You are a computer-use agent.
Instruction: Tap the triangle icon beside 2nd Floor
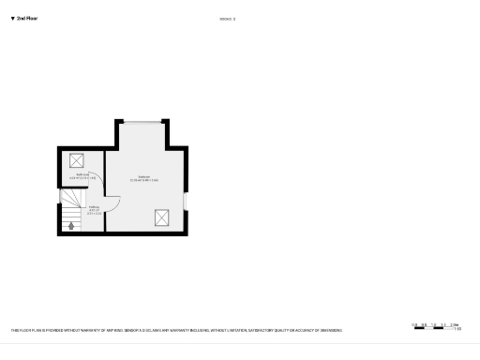[12, 18]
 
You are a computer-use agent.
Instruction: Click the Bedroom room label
[144, 176]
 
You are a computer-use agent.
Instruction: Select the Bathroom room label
[82, 174]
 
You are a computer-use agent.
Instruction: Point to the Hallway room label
[94, 208]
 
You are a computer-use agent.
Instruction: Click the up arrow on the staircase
[71, 225]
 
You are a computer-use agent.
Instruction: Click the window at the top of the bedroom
[142, 122]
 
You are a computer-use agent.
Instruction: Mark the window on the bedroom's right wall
[186, 201]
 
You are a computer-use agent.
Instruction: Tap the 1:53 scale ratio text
[457, 329]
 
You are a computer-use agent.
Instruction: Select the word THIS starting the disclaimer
[15, 330]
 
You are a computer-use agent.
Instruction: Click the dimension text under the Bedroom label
[144, 180]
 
